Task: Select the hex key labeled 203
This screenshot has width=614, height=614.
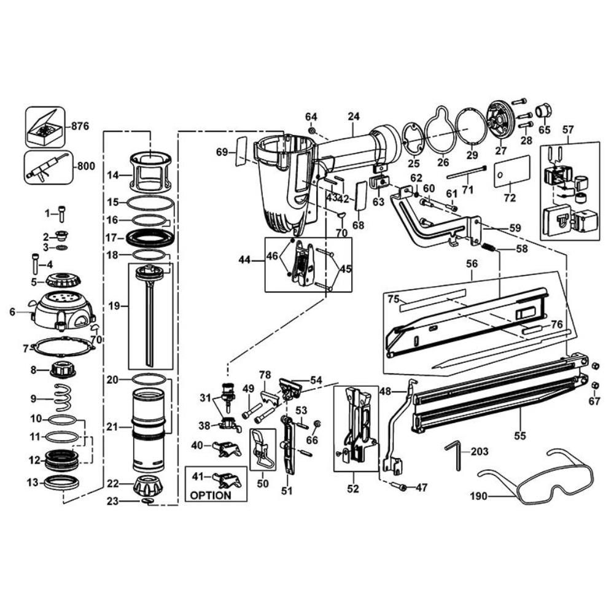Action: click(x=456, y=456)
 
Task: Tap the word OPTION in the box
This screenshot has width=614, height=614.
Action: click(x=211, y=495)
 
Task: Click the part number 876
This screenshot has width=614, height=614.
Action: click(x=80, y=126)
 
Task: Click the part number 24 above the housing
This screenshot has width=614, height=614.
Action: click(x=353, y=115)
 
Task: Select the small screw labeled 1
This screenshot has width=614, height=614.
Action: click(x=61, y=214)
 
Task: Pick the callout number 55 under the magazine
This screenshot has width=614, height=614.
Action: click(x=520, y=436)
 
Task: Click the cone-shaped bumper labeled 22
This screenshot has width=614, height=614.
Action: click(x=149, y=487)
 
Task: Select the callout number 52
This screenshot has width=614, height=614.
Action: click(x=352, y=490)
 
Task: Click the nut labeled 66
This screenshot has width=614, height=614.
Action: click(x=316, y=424)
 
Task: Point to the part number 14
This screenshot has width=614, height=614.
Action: click(x=112, y=175)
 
